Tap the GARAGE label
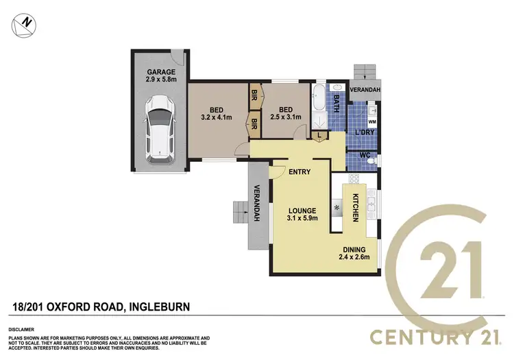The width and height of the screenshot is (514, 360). coord(161,72)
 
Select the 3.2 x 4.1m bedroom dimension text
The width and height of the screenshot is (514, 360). coord(216,117)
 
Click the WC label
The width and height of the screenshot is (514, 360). coord(365,156)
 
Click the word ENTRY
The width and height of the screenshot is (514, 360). coord(300,172)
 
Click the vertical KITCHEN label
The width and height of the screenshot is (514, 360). coord(356,207)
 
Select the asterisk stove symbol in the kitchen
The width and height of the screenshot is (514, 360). coord(337,207)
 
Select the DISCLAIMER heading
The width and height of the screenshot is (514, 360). coord(22,327)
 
